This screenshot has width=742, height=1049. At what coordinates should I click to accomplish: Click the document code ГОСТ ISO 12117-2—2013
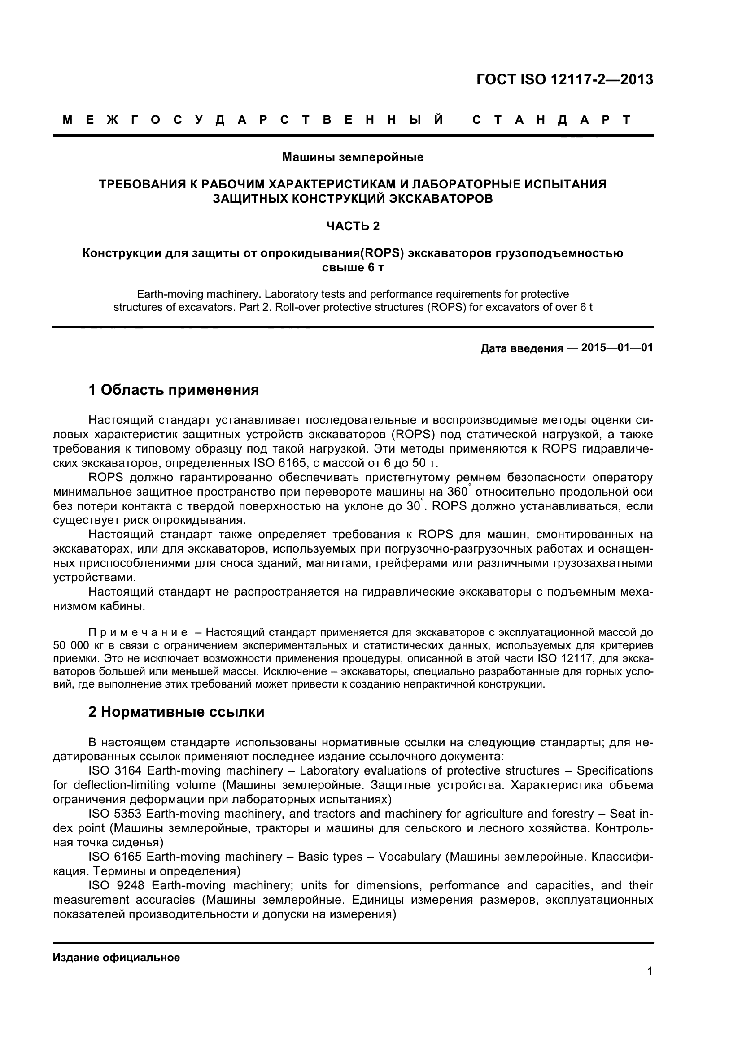(565, 79)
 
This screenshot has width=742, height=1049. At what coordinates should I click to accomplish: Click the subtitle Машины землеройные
(353, 157)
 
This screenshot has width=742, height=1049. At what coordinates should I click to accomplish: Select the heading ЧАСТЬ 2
(353, 226)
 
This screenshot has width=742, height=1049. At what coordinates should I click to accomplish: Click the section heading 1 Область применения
(174, 390)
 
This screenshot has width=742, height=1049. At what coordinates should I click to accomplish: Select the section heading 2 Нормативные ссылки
(176, 712)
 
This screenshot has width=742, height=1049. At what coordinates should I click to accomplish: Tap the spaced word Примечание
(138, 633)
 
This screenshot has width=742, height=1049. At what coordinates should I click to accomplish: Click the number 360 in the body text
(457, 492)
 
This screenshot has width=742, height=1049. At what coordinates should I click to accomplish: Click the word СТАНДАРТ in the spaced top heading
(551, 120)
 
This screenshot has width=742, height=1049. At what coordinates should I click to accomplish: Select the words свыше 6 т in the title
(353, 268)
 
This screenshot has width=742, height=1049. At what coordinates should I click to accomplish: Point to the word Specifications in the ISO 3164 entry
(615, 771)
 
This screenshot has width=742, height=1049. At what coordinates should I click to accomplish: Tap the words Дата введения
(522, 348)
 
